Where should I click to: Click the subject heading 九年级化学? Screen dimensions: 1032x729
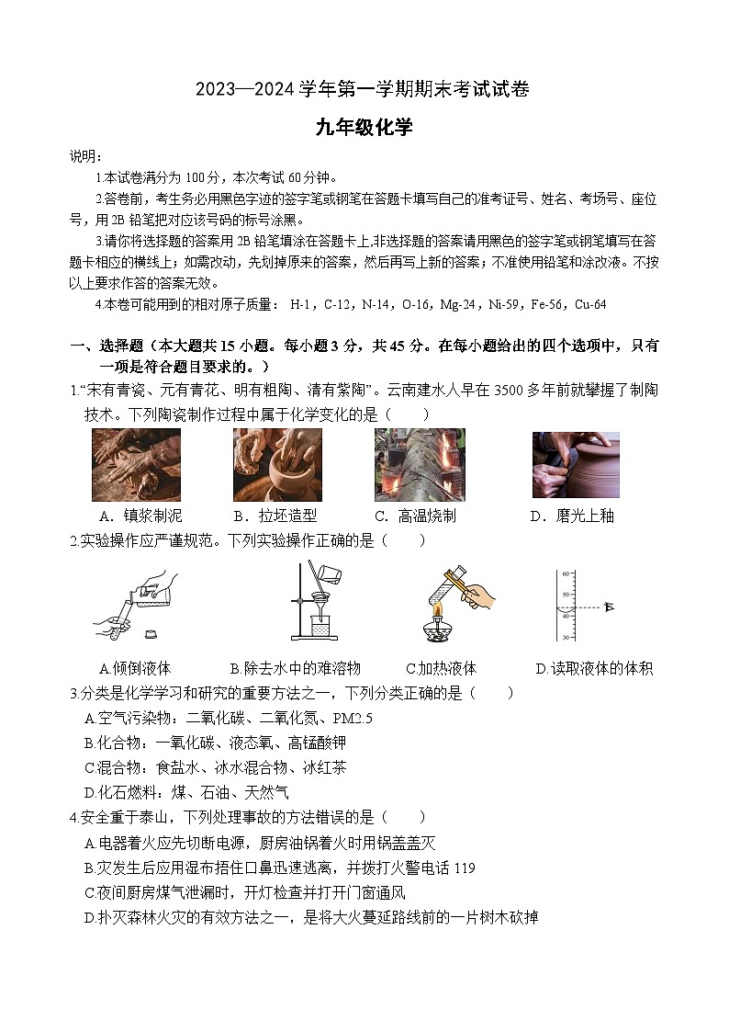(x=364, y=128)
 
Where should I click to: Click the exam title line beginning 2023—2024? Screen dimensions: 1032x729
(x=364, y=90)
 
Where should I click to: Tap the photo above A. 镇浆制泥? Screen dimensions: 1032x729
(x=137, y=465)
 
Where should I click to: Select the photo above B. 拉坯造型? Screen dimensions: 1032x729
(x=277, y=464)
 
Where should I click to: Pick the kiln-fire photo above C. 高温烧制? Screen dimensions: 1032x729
(x=420, y=464)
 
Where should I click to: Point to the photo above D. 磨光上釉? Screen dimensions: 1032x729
(x=576, y=464)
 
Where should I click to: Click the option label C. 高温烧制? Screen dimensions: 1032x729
(x=415, y=516)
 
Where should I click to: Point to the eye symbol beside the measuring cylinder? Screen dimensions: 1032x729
(x=608, y=607)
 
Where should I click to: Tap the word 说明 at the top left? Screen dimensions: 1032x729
(x=86, y=156)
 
